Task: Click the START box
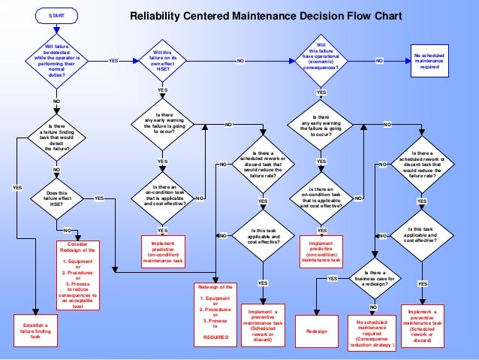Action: [x=56, y=15]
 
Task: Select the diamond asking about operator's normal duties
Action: [x=56, y=59]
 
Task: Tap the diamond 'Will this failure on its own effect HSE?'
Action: [x=162, y=59]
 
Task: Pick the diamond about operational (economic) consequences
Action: [x=321, y=59]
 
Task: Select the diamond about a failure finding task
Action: [x=56, y=138]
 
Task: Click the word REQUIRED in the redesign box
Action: [x=215, y=337]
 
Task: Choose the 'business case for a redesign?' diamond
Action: [x=373, y=279]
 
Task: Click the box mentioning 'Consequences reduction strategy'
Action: [x=373, y=331]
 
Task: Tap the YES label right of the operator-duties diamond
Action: [x=113, y=60]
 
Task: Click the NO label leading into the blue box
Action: [x=379, y=60]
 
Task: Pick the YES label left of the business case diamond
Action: [x=333, y=279]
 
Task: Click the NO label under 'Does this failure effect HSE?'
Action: [x=67, y=229]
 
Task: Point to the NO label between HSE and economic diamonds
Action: [x=240, y=60]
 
